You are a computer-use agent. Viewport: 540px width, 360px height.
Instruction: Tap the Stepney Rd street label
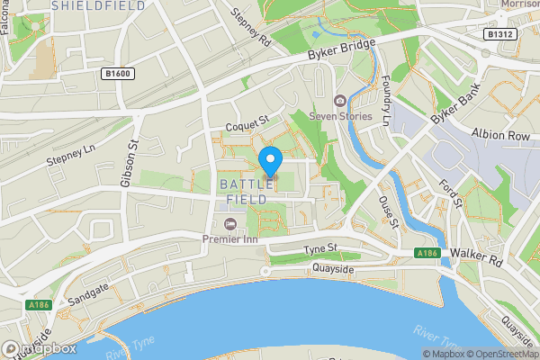(x=251, y=28)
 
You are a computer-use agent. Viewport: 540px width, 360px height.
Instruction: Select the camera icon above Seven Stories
(x=339, y=100)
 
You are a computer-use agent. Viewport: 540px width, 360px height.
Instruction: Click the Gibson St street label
(x=131, y=163)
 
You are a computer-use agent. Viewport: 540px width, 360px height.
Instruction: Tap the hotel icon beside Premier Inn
(x=229, y=222)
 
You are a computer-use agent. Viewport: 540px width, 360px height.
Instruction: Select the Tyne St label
(x=319, y=248)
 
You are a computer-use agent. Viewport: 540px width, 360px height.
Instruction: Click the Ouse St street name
(x=389, y=213)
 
